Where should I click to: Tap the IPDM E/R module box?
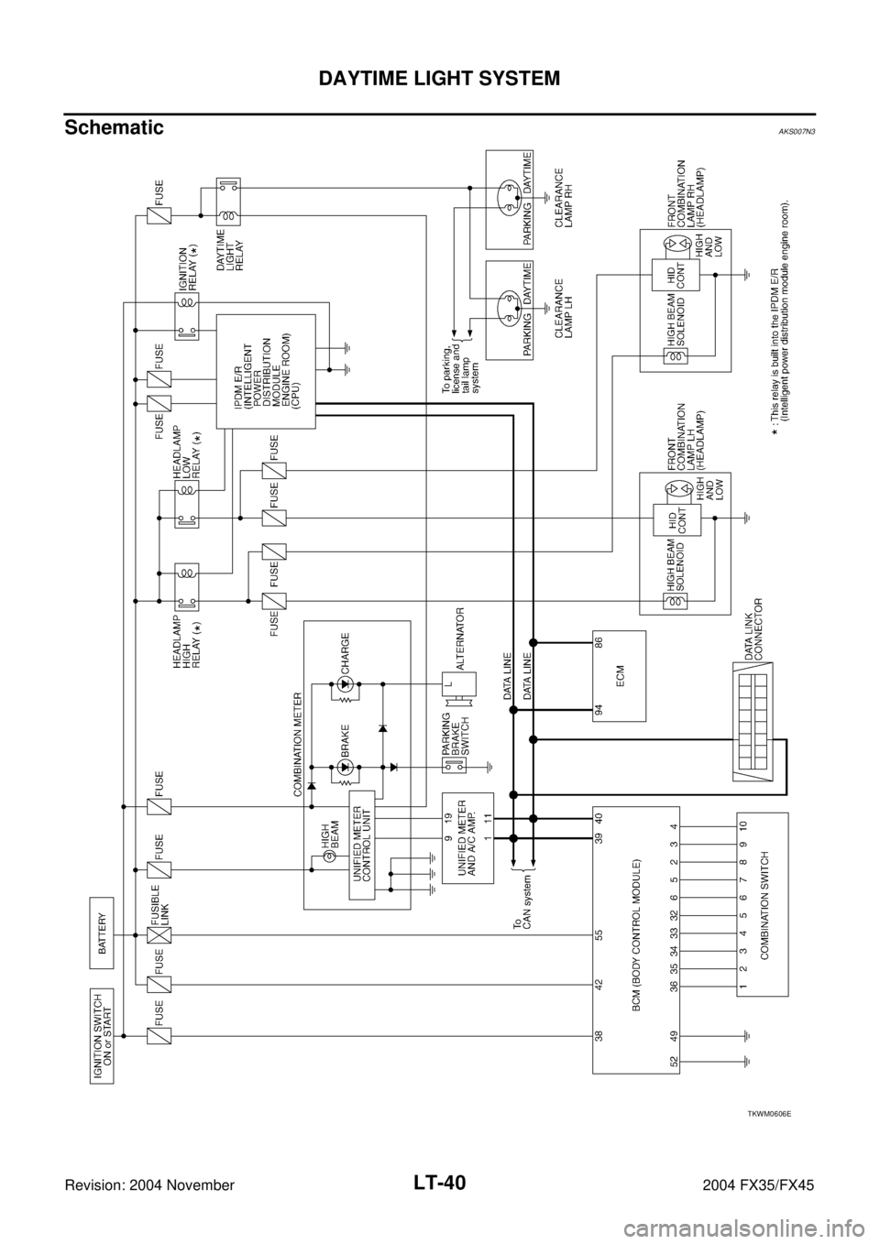(x=266, y=371)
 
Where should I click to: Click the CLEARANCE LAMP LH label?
(x=564, y=310)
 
